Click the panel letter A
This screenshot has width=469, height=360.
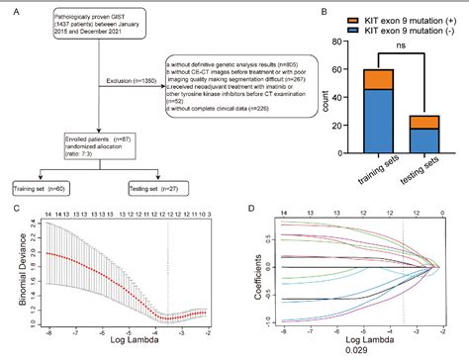pyautogui.click(x=13, y=12)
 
